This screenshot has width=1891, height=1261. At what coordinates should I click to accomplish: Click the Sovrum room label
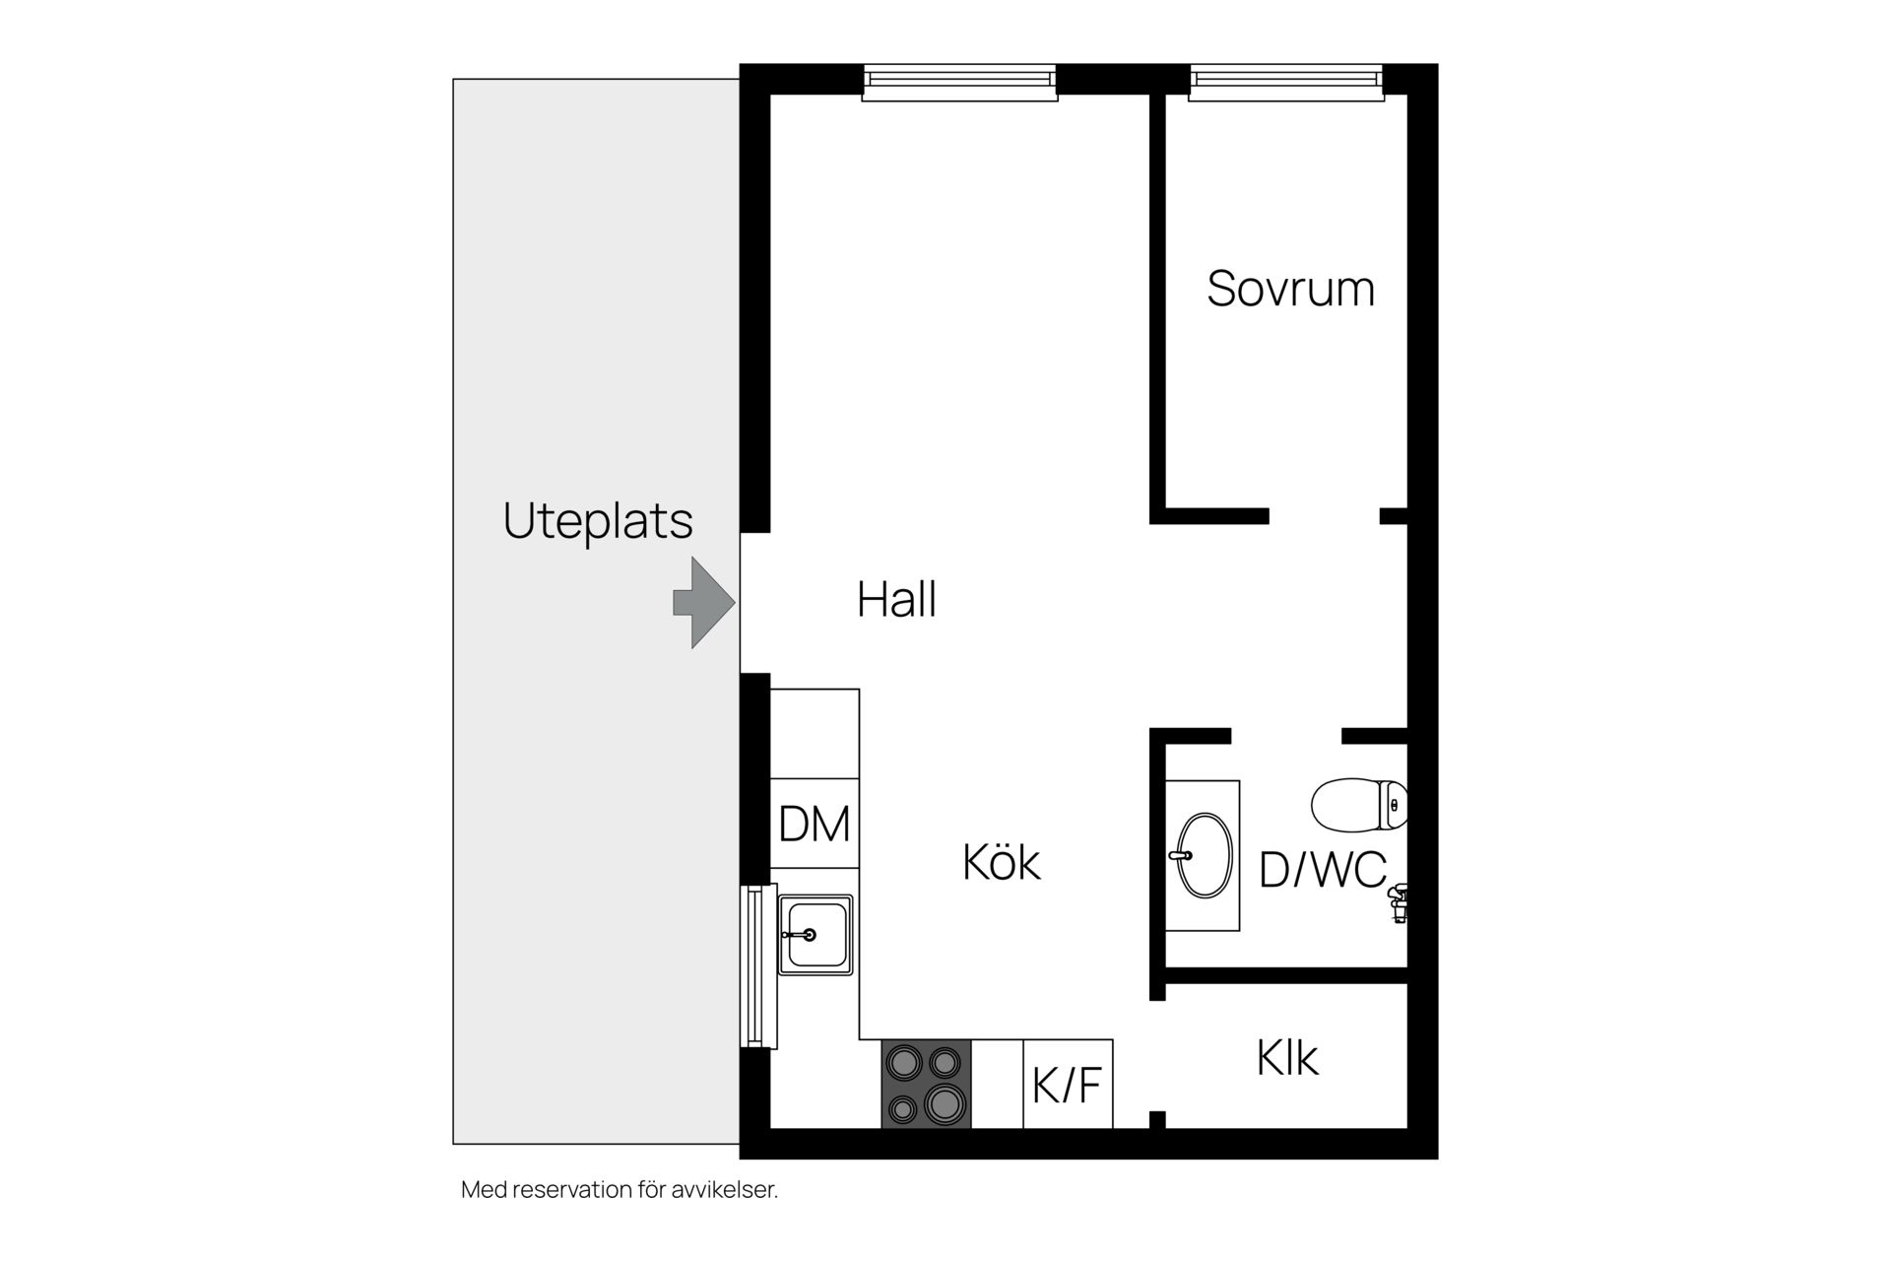click(x=1290, y=289)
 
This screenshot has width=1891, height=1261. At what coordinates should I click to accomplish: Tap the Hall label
click(x=896, y=599)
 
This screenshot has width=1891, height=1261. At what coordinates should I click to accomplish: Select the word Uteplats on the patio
click(x=598, y=520)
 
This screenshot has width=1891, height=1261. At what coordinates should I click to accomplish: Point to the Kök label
click(x=1001, y=862)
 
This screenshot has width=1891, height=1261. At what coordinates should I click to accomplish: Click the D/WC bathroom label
click(x=1323, y=870)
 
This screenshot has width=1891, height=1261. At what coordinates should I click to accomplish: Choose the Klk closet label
click(x=1286, y=1058)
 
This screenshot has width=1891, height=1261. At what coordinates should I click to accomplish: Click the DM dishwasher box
click(x=815, y=824)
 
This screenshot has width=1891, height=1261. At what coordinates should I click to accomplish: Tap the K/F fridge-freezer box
click(x=1068, y=1084)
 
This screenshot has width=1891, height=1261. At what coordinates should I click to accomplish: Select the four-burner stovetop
click(x=926, y=1084)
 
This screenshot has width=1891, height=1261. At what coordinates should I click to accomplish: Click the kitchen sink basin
click(x=815, y=934)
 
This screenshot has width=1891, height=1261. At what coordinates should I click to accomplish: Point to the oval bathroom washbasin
click(x=1205, y=855)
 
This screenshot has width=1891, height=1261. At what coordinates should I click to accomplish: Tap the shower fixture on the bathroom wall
click(x=1398, y=901)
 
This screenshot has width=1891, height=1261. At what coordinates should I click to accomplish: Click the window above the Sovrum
click(x=1285, y=82)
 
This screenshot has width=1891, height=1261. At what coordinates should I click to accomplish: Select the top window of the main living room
click(x=959, y=82)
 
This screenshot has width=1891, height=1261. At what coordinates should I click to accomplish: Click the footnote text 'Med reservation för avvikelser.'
click(x=619, y=1190)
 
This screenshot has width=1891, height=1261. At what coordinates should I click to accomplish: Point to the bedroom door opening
click(x=1324, y=515)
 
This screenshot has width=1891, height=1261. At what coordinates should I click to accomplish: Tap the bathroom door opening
click(x=1286, y=735)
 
